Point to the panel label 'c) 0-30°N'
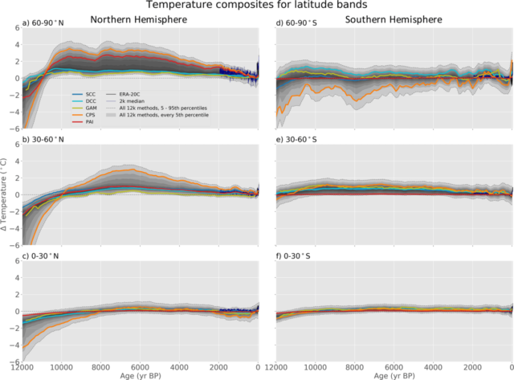pyautogui.click(x=45, y=255)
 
